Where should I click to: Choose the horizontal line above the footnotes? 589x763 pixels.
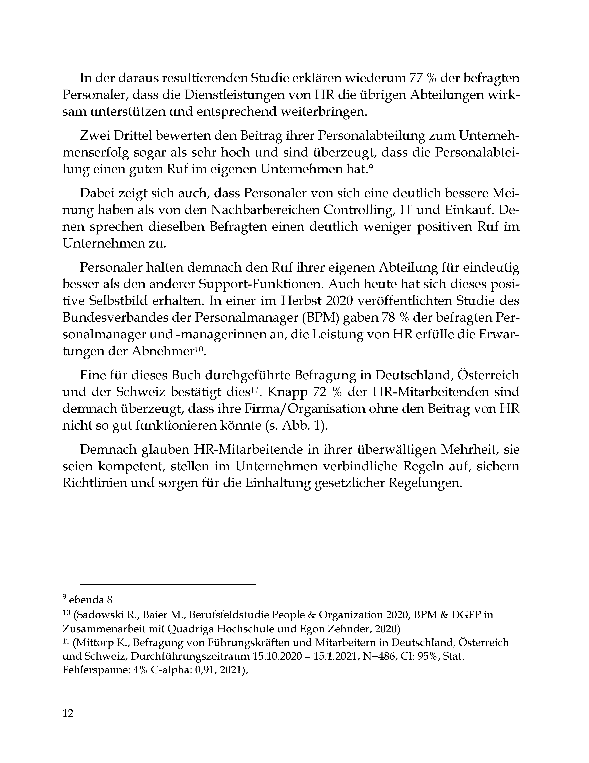pos(168,584)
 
